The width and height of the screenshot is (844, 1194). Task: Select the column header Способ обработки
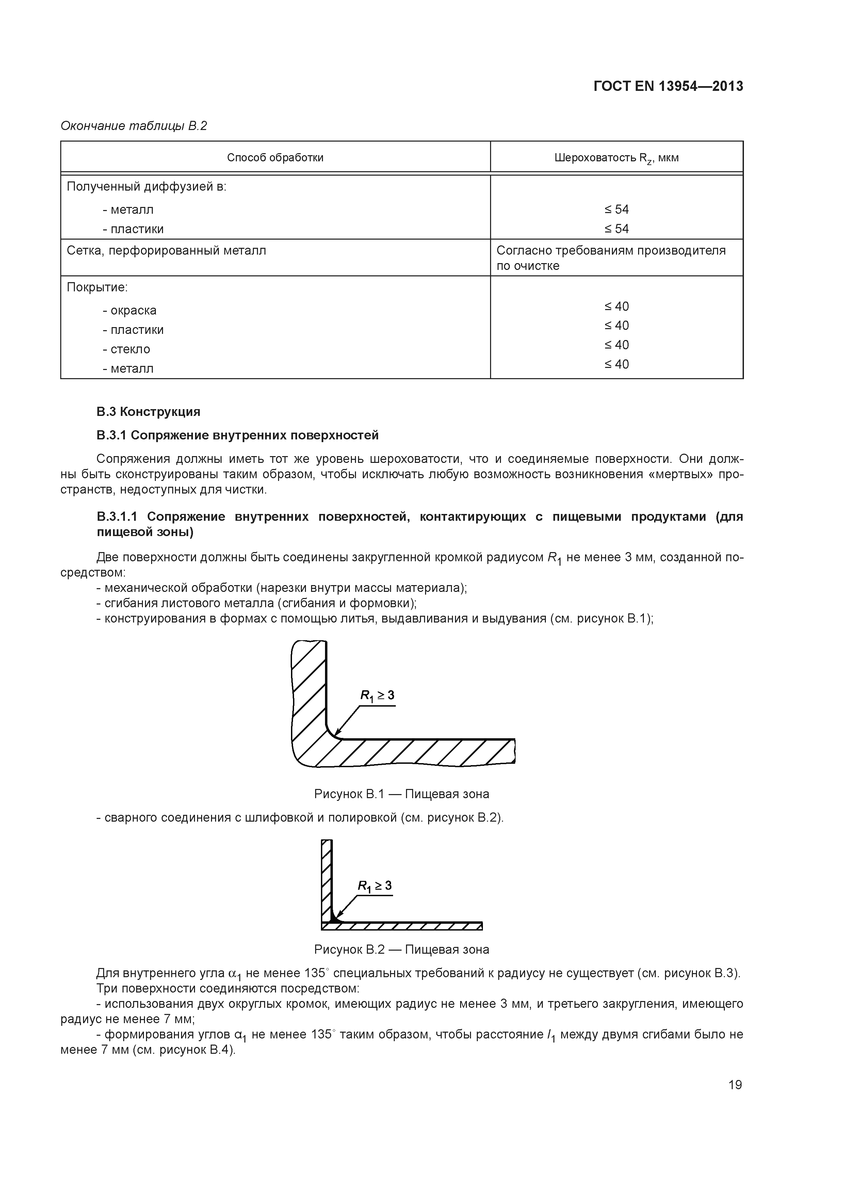[275, 158]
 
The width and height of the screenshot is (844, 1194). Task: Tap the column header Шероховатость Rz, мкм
[616, 158]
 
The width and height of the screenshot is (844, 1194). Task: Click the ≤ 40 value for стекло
[616, 345]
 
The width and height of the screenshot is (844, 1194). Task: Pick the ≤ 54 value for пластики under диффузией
[616, 229]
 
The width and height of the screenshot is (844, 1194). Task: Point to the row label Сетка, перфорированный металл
[166, 251]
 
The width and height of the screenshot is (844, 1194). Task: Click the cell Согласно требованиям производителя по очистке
[611, 258]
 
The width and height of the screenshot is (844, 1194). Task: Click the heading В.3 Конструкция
[148, 412]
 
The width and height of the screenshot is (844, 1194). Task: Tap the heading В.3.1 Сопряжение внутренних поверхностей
[237, 435]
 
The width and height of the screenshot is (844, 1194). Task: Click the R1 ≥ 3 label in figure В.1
[377, 696]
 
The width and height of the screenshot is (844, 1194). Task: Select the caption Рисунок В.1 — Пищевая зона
[402, 794]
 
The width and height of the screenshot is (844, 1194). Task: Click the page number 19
[735, 1085]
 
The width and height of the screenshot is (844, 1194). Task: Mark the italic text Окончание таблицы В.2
[134, 126]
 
